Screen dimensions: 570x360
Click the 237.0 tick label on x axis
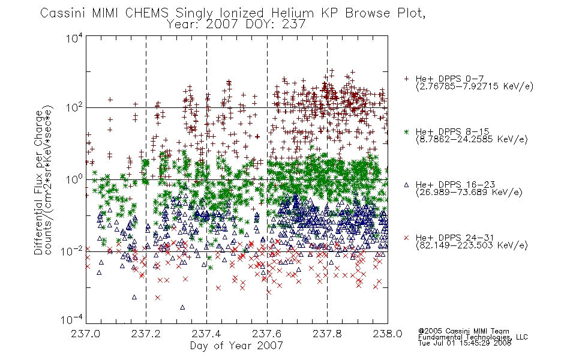pos(85,334)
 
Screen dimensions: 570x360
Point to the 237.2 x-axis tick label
pos(146,334)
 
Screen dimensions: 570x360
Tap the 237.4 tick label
pos(206,334)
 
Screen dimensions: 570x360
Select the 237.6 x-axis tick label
pos(267,334)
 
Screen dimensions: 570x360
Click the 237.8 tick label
pos(327,334)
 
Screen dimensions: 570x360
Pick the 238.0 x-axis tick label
pos(388,334)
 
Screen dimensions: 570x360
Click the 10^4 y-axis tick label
pos(74,38)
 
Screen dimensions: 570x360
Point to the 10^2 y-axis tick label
pos(74,107)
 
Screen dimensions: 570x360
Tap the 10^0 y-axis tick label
pos(74,179)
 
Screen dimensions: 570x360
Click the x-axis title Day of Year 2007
pos(236,346)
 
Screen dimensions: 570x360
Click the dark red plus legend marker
pos(406,79)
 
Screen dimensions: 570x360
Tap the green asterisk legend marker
pos(406,131)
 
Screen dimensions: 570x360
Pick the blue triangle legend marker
pos(406,185)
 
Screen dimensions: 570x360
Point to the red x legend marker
pos(406,238)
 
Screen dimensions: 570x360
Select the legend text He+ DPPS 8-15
pos(452,131)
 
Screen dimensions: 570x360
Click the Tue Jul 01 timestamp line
pos(464,343)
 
